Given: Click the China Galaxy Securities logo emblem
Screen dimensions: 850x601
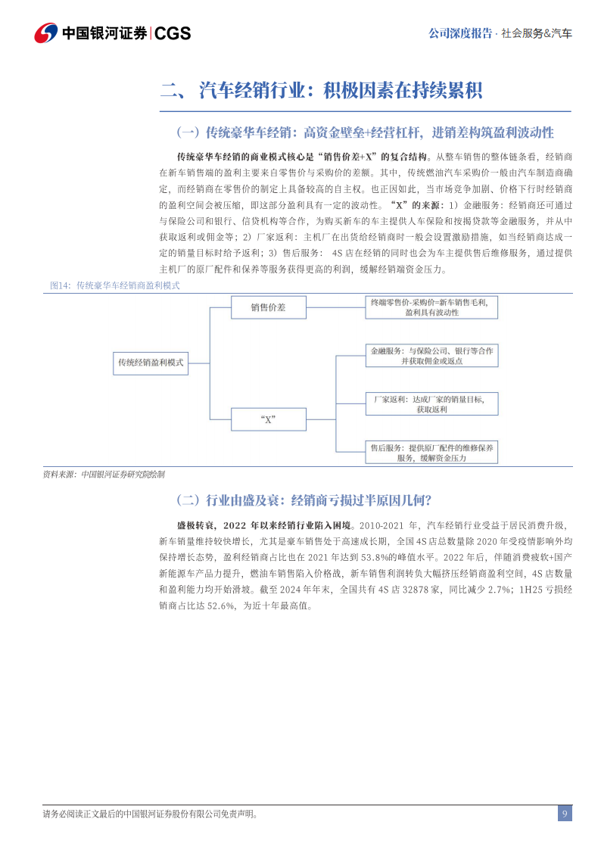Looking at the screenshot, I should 45,33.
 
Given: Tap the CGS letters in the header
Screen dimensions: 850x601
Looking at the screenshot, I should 173,33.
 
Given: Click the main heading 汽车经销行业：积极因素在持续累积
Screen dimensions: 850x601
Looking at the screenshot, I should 341,91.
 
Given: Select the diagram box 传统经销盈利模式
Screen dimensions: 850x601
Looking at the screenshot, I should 151,363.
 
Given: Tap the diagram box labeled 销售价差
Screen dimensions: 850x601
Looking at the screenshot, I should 268,307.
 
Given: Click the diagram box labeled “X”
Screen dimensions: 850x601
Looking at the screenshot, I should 268,419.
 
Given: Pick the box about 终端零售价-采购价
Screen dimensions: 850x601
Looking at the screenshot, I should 431,307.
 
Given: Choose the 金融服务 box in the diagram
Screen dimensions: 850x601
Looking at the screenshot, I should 431,356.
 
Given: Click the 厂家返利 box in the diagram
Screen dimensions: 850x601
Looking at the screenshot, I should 431,403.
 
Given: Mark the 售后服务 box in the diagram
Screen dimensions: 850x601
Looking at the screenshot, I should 431,453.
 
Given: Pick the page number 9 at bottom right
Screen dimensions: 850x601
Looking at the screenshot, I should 565,814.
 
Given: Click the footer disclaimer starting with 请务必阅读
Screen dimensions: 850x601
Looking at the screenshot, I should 150,814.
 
